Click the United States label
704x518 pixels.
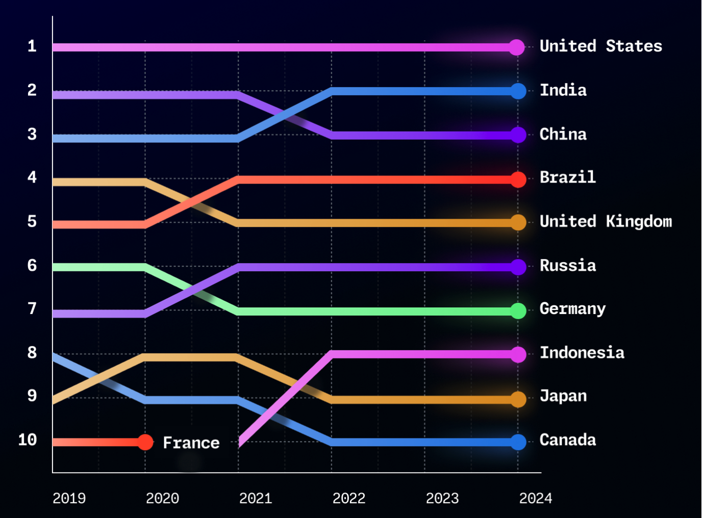(x=600, y=46)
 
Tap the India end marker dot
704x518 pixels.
(x=518, y=91)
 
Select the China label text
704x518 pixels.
(x=563, y=135)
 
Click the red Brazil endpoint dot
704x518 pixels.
(x=518, y=179)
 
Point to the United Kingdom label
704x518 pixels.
(x=606, y=222)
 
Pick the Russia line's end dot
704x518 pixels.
(x=518, y=267)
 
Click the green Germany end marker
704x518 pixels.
(x=518, y=311)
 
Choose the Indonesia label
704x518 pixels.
(x=582, y=353)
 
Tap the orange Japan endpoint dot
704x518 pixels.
(x=518, y=399)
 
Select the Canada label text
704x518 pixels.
(x=567, y=440)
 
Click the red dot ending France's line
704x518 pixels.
(x=145, y=442)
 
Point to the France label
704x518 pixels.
(x=191, y=443)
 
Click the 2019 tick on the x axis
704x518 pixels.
(x=69, y=498)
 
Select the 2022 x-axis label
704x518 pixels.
(x=349, y=498)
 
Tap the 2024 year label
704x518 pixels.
(x=535, y=498)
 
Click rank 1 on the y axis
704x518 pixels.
(x=32, y=46)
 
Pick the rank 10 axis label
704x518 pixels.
(x=28, y=440)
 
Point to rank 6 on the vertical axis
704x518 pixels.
(x=32, y=266)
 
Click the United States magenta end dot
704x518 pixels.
(x=517, y=47)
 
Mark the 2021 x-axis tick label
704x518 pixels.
(x=256, y=498)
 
